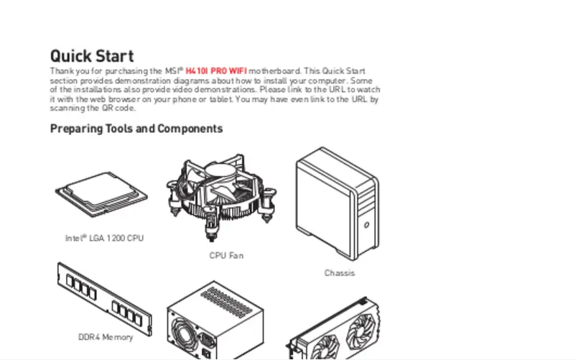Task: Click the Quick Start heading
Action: (91, 56)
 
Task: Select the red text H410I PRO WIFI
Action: (215, 72)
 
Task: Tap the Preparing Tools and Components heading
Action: (136, 129)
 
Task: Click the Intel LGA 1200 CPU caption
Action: (105, 238)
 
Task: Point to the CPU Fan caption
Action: (226, 255)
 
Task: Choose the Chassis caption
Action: (339, 273)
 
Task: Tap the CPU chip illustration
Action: (102, 193)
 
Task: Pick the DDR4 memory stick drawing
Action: (104, 298)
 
